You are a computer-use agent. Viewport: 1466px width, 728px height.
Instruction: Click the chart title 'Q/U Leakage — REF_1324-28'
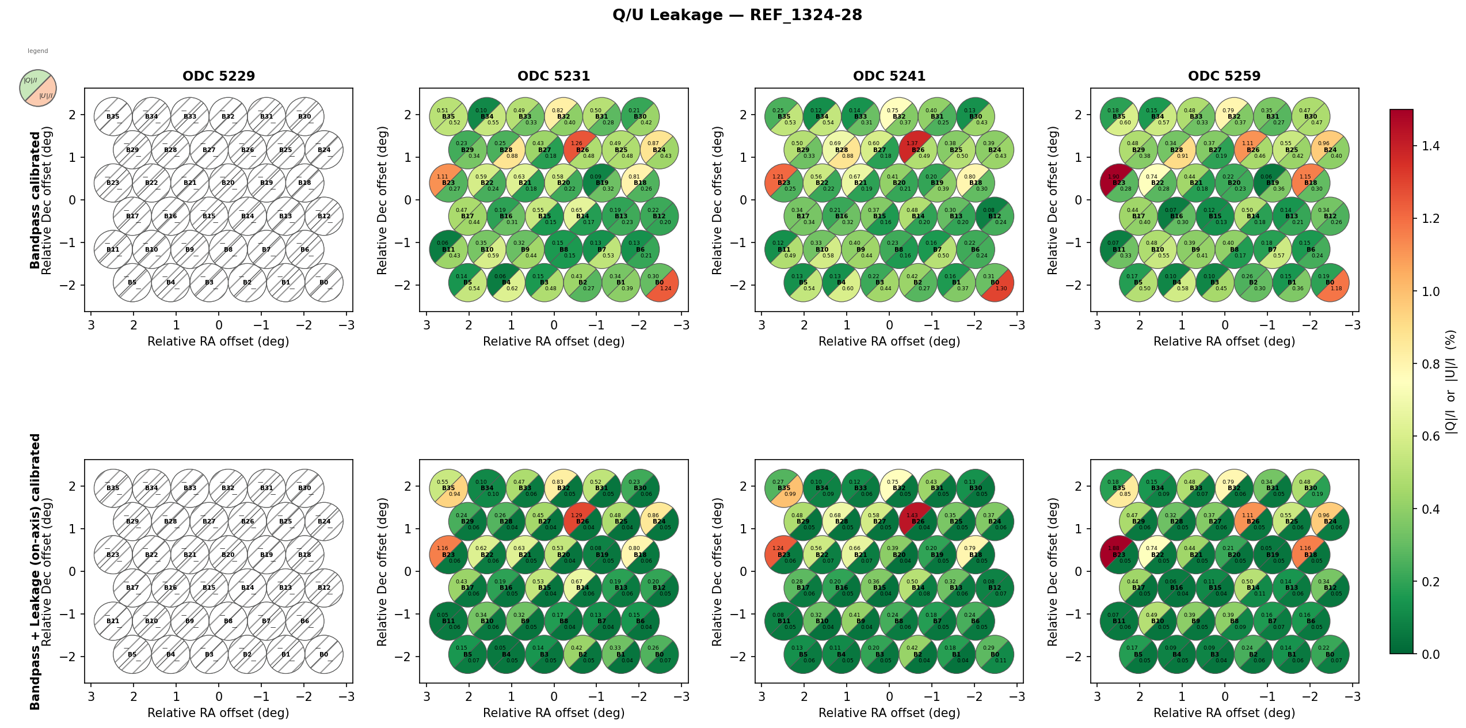point(737,15)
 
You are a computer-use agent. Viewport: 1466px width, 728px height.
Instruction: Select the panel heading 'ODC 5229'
point(219,76)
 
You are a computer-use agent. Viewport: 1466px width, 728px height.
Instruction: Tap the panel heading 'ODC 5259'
point(1224,76)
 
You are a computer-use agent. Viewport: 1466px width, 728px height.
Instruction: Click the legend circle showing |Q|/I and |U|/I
point(38,88)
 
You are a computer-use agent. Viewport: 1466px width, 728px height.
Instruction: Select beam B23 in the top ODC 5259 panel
point(1119,183)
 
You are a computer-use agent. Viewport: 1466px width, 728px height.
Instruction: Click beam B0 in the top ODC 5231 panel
point(659,283)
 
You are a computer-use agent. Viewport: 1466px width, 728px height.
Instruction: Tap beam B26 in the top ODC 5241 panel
point(918,150)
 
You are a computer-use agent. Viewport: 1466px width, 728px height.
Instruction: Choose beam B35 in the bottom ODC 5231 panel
point(448,488)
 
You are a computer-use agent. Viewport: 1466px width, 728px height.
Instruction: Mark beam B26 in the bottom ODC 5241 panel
point(918,521)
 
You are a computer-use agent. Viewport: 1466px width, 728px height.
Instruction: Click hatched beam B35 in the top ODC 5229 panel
point(113,116)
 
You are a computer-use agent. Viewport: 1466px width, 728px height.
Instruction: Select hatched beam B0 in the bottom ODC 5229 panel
point(324,654)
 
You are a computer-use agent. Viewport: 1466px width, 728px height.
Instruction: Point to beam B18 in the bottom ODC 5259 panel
point(1311,555)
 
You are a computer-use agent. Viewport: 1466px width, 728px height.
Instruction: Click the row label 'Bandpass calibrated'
point(35,200)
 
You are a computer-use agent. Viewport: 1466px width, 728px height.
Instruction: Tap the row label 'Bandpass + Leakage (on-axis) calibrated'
point(35,571)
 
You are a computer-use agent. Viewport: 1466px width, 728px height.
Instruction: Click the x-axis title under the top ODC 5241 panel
point(889,342)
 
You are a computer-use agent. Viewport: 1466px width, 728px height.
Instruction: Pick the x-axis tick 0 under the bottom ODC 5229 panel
point(219,696)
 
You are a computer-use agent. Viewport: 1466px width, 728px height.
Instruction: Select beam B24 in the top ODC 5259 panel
point(1330,150)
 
